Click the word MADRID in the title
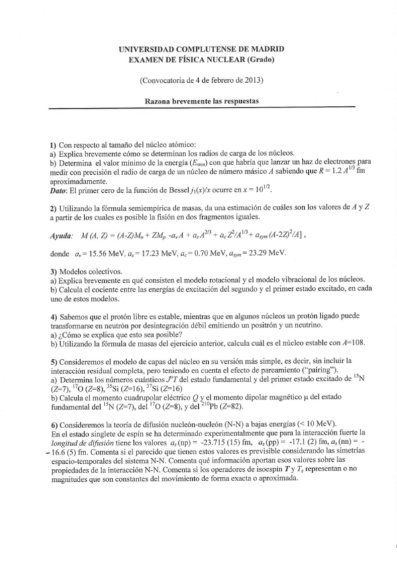(x=268, y=49)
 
